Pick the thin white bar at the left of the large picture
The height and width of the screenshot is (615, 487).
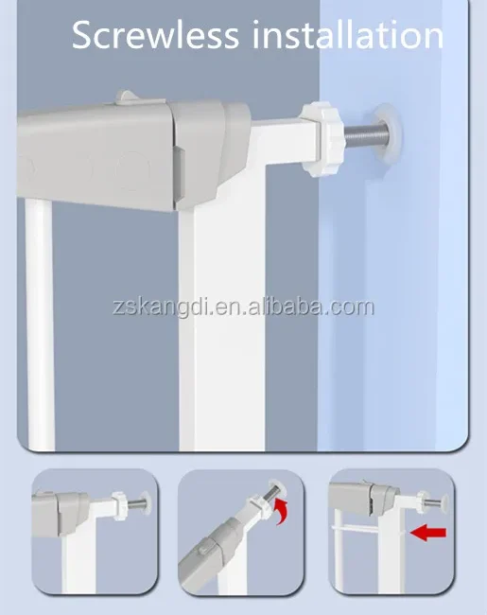click(39, 322)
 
